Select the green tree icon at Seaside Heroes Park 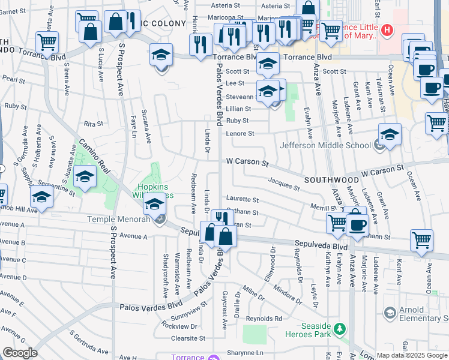(x=340, y=329)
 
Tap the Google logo (x=20, y=353)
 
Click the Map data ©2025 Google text (x=412, y=355)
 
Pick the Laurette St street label (x=242, y=199)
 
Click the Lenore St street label (x=240, y=133)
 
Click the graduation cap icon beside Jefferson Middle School (x=390, y=134)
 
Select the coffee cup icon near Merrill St (x=358, y=226)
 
